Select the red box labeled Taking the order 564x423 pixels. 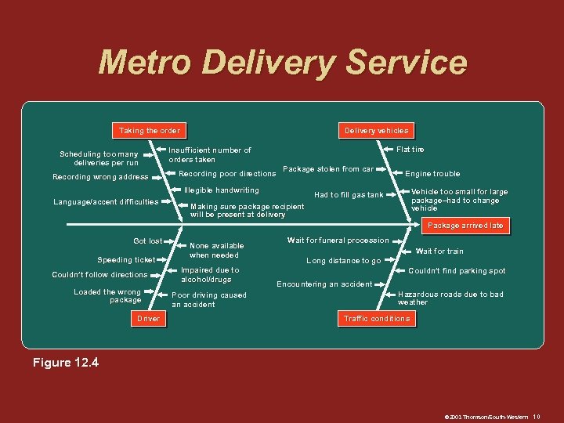pyautogui.click(x=149, y=130)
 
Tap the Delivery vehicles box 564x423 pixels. pyautogui.click(x=377, y=130)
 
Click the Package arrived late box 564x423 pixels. pyautogui.click(x=465, y=226)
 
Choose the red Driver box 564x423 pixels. pyautogui.click(x=148, y=319)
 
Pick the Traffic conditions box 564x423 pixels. pyautogui.click(x=377, y=319)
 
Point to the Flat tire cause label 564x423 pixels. pyautogui.click(x=410, y=149)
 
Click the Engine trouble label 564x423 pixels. pyautogui.click(x=432, y=174)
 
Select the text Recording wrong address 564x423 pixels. pyautogui.click(x=99, y=177)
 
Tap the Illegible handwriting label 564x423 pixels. pyautogui.click(x=221, y=190)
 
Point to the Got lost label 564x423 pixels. pyautogui.click(x=147, y=241)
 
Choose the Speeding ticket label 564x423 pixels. pyautogui.click(x=126, y=259)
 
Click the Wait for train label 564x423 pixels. pyautogui.click(x=439, y=251)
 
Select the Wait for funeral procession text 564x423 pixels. pyautogui.click(x=338, y=240)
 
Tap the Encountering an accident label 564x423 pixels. pyautogui.click(x=324, y=284)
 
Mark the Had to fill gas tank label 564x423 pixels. pyautogui.click(x=349, y=195)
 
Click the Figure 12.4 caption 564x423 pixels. pyautogui.click(x=66, y=363)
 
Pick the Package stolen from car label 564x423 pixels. pyautogui.click(x=327, y=169)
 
